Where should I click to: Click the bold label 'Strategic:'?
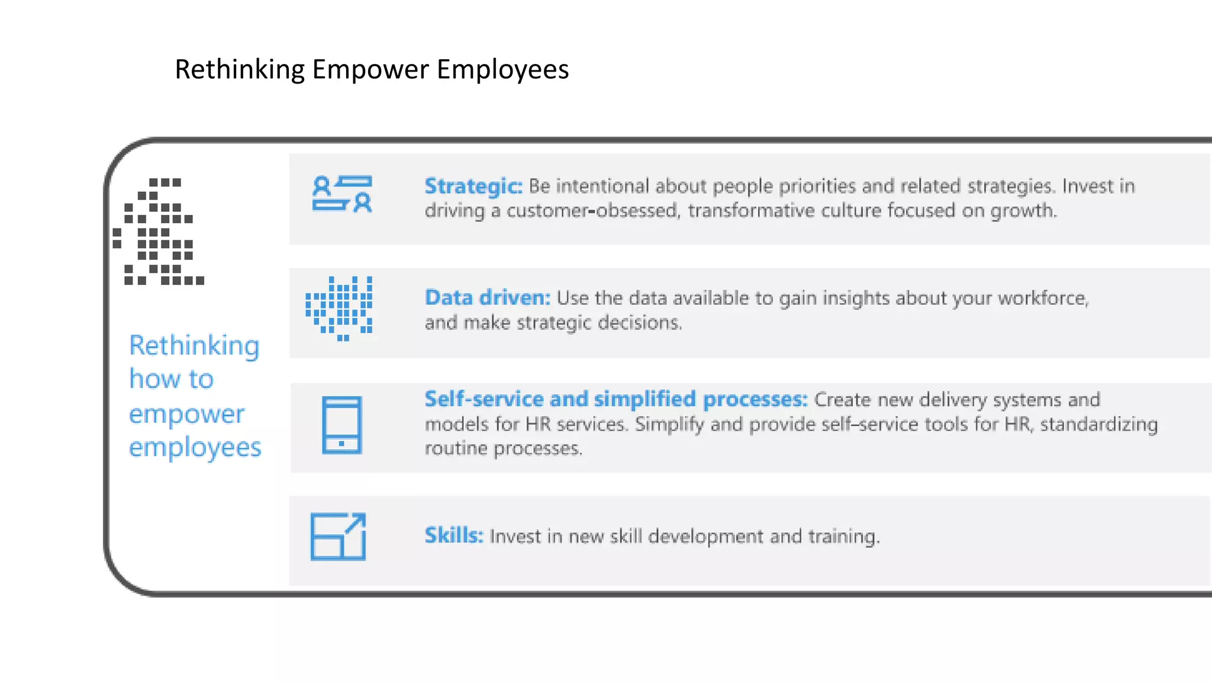[473, 186]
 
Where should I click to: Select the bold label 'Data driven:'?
[487, 297]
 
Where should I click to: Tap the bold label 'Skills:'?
[454, 535]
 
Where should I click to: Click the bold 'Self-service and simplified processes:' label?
[615, 399]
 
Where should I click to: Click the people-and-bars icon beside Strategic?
[342, 194]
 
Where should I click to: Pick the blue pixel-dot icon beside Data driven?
[340, 308]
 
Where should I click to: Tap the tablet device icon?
[341, 425]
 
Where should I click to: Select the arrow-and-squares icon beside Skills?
[339, 536]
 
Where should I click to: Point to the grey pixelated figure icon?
[159, 232]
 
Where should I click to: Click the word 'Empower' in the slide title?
[370, 69]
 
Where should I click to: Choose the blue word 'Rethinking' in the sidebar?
[194, 346]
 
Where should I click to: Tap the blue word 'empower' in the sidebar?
[186, 414]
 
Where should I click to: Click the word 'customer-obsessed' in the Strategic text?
[592, 211]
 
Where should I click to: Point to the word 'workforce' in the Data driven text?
[1042, 298]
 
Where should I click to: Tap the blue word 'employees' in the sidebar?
[195, 448]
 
